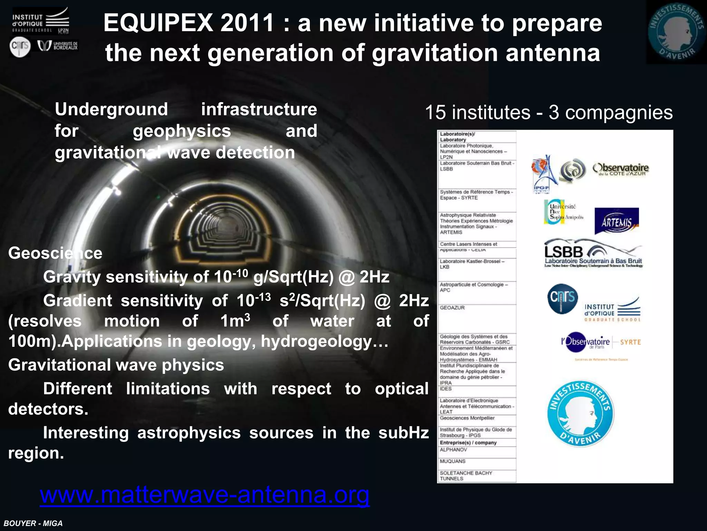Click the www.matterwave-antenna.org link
pyautogui.click(x=204, y=495)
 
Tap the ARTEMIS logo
pyautogui.click(x=617, y=221)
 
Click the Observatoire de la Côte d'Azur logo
pyautogui.click(x=620, y=169)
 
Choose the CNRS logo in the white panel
pyautogui.click(x=562, y=298)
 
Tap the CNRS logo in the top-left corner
pyautogui.click(x=20, y=47)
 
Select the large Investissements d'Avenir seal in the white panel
pyautogui.click(x=580, y=413)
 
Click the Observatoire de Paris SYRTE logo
pyautogui.click(x=601, y=342)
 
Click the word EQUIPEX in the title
pyautogui.click(x=158, y=23)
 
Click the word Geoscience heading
pyautogui.click(x=55, y=253)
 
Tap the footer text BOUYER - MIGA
pyautogui.click(x=33, y=523)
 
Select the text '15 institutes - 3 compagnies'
pyautogui.click(x=549, y=112)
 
